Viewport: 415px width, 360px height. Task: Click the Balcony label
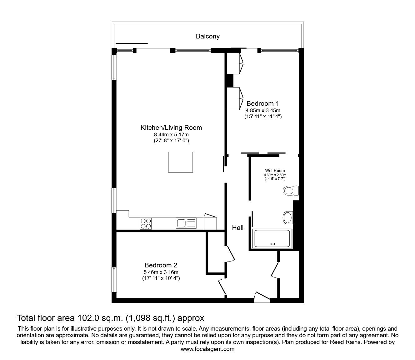pyautogui.click(x=207, y=36)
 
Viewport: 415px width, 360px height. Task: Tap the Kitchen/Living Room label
pyautogui.click(x=171, y=128)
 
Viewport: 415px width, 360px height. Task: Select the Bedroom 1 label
pyautogui.click(x=262, y=104)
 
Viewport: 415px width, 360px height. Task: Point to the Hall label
pyautogui.click(x=237, y=228)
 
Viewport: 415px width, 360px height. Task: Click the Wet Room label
pyautogui.click(x=275, y=170)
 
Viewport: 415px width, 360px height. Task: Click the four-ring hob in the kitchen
pyautogui.click(x=146, y=223)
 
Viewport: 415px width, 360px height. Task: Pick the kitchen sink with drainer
pyautogui.click(x=186, y=223)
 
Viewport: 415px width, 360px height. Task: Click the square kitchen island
pyautogui.click(x=180, y=162)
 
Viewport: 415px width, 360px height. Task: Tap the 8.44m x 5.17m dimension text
pyautogui.click(x=171, y=135)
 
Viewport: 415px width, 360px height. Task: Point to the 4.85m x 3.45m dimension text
pyautogui.click(x=262, y=110)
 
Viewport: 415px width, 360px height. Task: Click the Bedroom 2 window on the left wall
pyautogui.click(x=114, y=280)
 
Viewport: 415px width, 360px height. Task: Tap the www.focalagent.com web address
pyautogui.click(x=207, y=349)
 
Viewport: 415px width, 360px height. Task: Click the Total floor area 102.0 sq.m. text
pyautogui.click(x=110, y=318)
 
